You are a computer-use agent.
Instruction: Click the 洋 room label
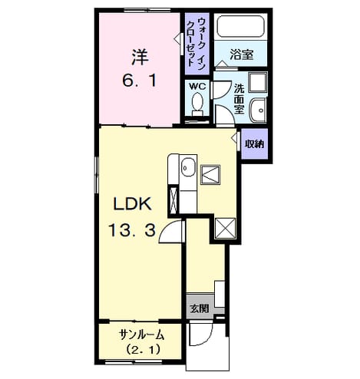coord(140,57)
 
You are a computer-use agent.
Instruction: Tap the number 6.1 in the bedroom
coord(139,81)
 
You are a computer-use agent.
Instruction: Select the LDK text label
coord(132,204)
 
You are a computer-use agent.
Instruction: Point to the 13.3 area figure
coord(132,229)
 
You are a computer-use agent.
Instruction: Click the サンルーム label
coord(141,335)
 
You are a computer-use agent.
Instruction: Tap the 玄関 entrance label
coord(200,309)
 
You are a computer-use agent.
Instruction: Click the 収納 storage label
coord(254,144)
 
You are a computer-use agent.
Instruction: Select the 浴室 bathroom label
coord(241,54)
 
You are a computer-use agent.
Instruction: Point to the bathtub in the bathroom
coord(240,26)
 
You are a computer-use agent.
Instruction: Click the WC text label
coord(197,87)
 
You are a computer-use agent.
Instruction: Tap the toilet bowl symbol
coord(197,104)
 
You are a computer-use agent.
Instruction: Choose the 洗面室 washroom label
coord(239,99)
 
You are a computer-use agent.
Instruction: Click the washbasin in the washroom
coord(258,110)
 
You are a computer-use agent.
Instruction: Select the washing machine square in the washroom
coord(258,82)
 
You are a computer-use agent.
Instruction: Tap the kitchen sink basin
coord(188,167)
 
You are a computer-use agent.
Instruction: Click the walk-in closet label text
coord(197,43)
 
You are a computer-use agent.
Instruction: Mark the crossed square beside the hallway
coord(225,228)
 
